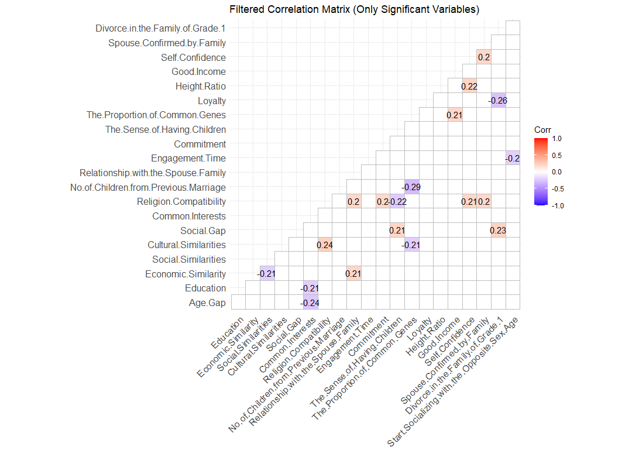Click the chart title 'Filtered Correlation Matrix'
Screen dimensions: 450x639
pyautogui.click(x=354, y=9)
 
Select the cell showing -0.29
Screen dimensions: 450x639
pyautogui.click(x=411, y=187)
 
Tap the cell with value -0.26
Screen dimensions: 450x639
pyautogui.click(x=498, y=101)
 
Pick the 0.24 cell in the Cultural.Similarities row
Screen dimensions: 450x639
pyautogui.click(x=325, y=245)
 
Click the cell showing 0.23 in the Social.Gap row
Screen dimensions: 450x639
pyautogui.click(x=498, y=231)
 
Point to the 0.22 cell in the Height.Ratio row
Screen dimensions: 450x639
pyautogui.click(x=469, y=86)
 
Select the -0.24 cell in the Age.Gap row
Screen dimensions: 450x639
pyautogui.click(x=310, y=303)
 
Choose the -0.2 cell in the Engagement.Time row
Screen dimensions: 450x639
pyautogui.click(x=512, y=158)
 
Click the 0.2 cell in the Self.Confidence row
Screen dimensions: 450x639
pyautogui.click(x=484, y=57)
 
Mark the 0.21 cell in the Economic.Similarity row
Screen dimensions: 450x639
pyautogui.click(x=353, y=274)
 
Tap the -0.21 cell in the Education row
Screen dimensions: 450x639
pyautogui.click(x=310, y=288)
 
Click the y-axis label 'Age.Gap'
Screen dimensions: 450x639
pyautogui.click(x=208, y=303)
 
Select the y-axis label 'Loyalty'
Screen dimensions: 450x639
pyautogui.click(x=211, y=101)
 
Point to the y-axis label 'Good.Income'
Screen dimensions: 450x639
pyautogui.click(x=198, y=72)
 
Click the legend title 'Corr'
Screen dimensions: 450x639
pyautogui.click(x=542, y=129)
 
